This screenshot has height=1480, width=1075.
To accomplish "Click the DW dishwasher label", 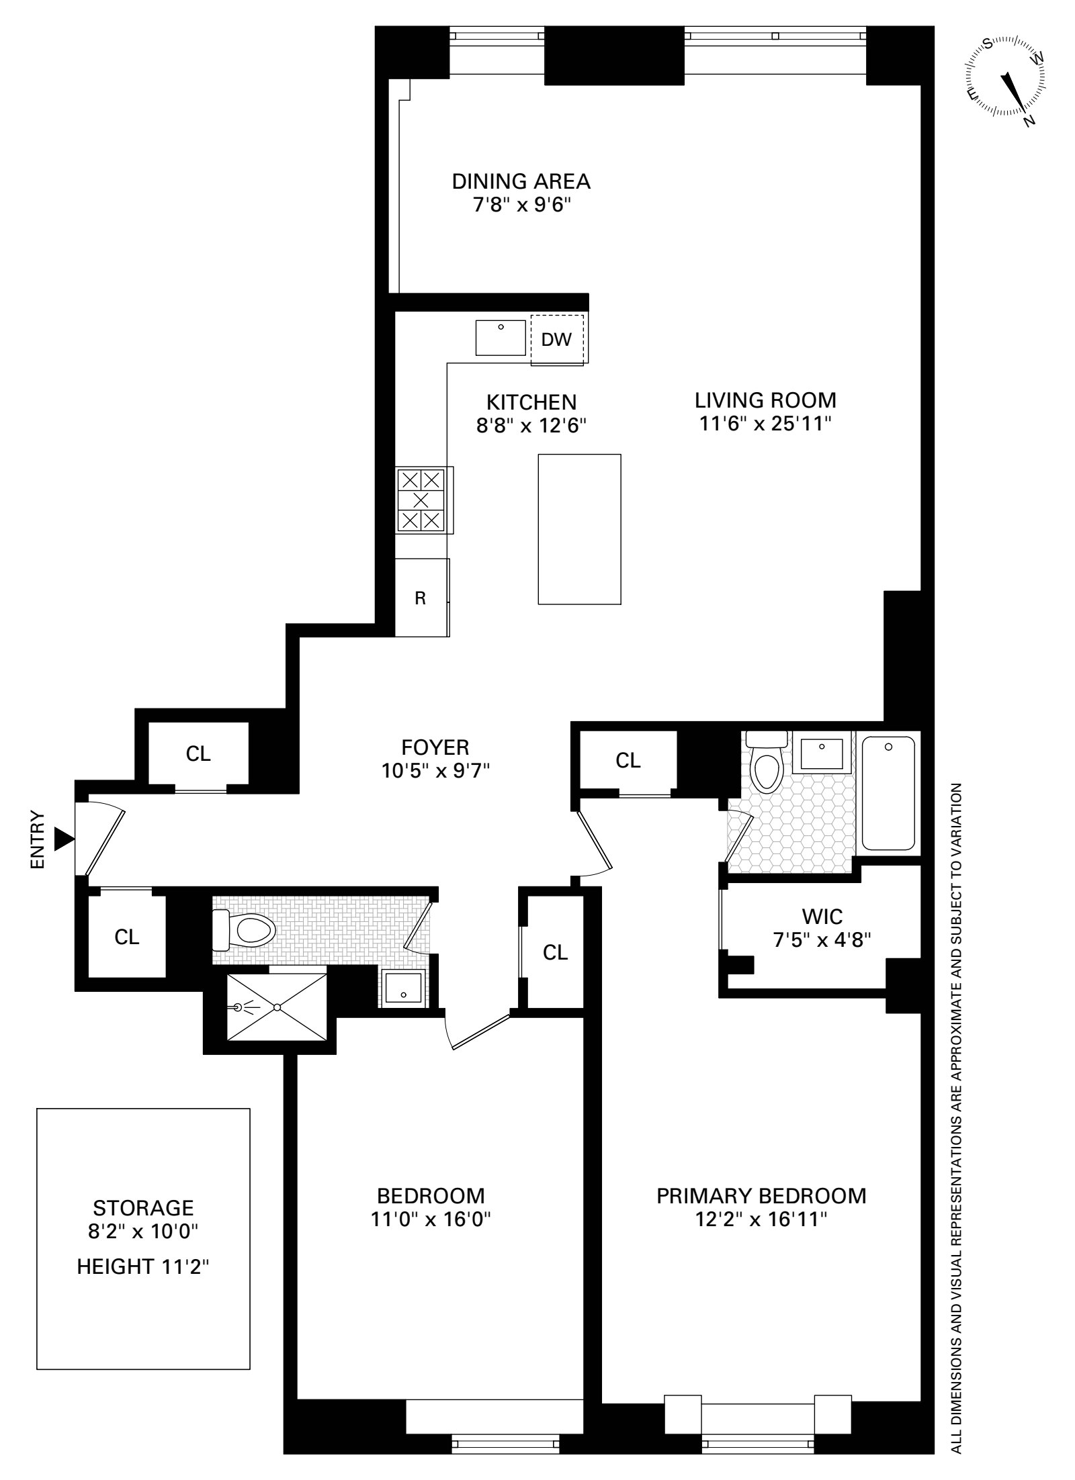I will click(556, 340).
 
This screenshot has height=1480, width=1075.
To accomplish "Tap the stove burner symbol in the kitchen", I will click(421, 500).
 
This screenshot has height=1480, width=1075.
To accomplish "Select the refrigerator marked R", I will click(420, 598).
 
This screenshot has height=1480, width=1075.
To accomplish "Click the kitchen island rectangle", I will click(579, 529).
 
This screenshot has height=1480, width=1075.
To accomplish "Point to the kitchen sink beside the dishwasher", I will click(501, 338).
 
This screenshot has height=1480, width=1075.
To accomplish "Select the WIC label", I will click(822, 916).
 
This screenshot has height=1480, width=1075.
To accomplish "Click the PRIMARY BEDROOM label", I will click(761, 1195).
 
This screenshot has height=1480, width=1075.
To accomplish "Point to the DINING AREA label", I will click(521, 181).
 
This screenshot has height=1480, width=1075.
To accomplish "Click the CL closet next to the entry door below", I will click(126, 937).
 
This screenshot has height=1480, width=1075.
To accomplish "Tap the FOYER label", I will click(435, 747).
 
